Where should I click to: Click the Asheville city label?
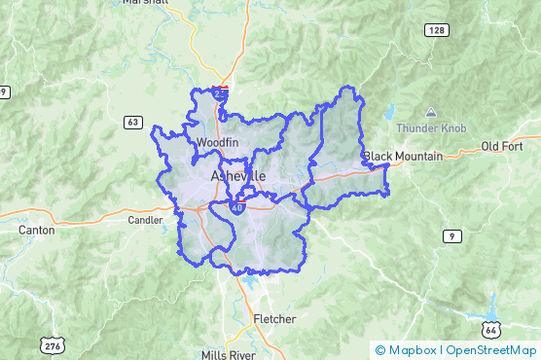pos(237,175)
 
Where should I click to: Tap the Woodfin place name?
pos(216,143)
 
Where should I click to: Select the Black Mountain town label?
pos(403,156)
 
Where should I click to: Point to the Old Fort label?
pos(503,147)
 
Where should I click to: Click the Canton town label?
pos(37,231)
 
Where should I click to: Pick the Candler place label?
pos(146,220)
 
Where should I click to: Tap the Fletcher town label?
pos(274,319)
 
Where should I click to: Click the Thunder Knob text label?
pos(431,128)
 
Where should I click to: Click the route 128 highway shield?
pos(437,32)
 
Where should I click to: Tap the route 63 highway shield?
pos(133,122)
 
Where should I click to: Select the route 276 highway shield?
pos(52,344)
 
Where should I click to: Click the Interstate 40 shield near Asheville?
pos(236,206)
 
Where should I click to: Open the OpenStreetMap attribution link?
pos(491,350)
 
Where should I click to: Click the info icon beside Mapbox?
pos(379,350)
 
